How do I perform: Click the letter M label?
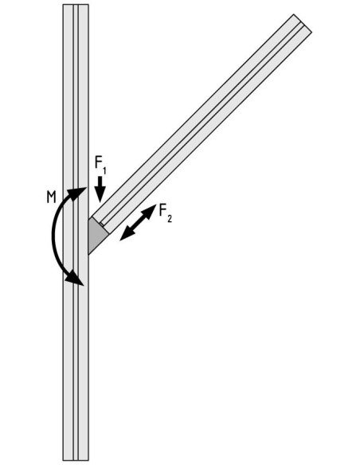pyautogui.click(x=51, y=197)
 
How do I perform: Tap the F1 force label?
pyautogui.click(x=100, y=165)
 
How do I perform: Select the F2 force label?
pyautogui.click(x=165, y=213)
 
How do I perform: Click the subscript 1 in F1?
pyautogui.click(x=104, y=170)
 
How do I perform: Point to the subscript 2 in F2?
pyautogui.click(x=170, y=219)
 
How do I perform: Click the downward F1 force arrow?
pyautogui.click(x=100, y=190)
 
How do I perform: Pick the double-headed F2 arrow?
pyautogui.click(x=138, y=222)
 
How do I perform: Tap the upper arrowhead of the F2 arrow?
pyautogui.click(x=150, y=210)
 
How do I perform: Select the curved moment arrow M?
pyautogui.click(x=53, y=234)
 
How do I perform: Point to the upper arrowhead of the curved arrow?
pyautogui.click(x=78, y=193)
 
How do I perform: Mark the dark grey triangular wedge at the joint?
pyautogui.click(x=96, y=234)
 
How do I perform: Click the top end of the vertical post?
pyautogui.click(x=76, y=5)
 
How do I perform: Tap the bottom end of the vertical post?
pyautogui.click(x=76, y=459)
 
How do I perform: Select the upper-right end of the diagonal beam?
pyautogui.click(x=303, y=23)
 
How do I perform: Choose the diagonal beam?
pyautogui.click(x=202, y=123)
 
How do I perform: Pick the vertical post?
pyautogui.click(x=76, y=232)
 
